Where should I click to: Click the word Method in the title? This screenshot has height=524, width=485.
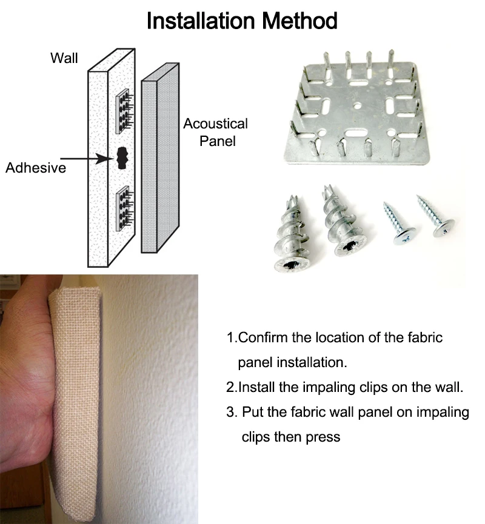(298, 21)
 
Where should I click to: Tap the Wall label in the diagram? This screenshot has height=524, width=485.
(64, 59)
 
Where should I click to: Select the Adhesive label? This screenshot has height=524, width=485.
(36, 168)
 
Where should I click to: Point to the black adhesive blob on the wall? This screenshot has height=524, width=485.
(124, 159)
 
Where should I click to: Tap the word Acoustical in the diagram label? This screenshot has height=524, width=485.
(215, 124)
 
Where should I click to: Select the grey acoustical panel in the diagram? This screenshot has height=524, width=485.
(161, 164)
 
